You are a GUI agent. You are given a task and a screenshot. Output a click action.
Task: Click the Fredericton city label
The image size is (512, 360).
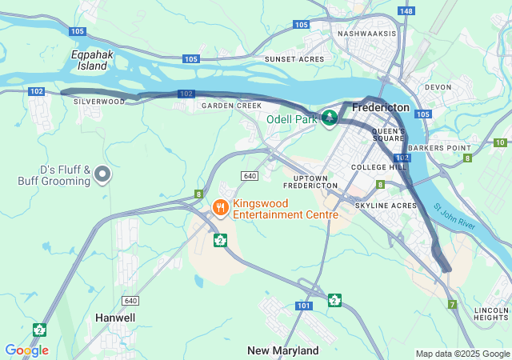coord(380,107)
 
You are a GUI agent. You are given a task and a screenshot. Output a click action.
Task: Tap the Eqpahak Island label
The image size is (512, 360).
coord(89,60)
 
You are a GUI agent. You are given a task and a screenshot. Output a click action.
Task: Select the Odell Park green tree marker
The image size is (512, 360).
coord(330,118)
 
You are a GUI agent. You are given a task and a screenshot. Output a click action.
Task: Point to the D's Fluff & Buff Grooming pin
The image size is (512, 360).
coord(102,174)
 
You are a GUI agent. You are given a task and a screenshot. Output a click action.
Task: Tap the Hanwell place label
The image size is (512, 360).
coord(115,318)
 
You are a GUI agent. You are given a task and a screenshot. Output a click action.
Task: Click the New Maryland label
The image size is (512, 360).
coord(282,350)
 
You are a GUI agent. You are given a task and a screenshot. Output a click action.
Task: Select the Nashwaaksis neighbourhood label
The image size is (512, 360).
coord(367,34)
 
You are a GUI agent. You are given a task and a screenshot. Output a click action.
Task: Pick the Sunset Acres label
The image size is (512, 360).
coord(294,59)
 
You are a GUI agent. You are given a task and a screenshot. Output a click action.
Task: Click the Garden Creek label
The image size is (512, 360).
coord(231,106)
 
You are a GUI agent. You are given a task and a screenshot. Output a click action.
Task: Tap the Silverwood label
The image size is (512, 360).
coord(99,102)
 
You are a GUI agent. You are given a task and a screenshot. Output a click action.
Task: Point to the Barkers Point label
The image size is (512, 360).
coord(438,148)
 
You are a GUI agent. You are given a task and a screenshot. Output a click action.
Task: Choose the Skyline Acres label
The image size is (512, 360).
coord(386,206)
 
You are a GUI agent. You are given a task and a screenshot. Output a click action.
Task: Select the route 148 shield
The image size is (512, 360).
coord(406,10)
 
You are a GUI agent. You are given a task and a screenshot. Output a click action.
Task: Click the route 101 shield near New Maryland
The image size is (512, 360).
coord(302,306)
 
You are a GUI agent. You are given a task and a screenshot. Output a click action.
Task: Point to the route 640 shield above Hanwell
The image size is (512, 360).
coord(130,299)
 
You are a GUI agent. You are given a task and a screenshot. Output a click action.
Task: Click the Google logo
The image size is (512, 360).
coord(26,350)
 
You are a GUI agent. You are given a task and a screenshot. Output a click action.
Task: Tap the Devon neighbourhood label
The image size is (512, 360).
coord(438,87)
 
